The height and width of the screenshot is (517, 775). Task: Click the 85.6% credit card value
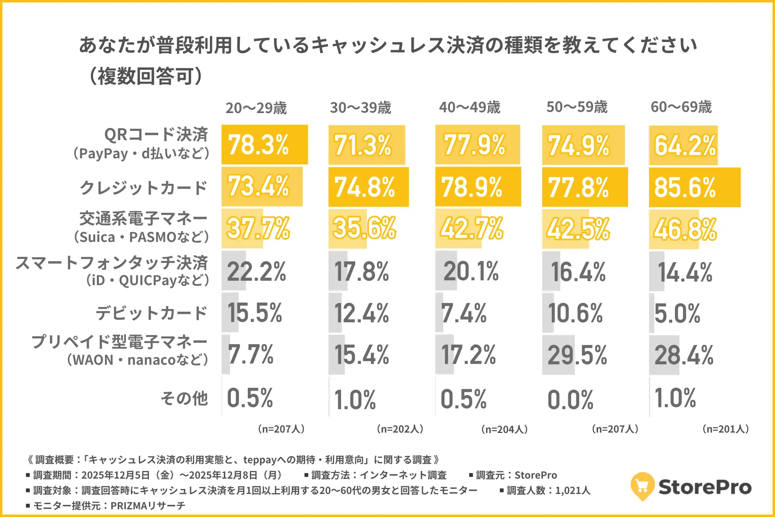(x=685, y=188)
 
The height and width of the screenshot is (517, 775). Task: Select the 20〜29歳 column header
(x=256, y=108)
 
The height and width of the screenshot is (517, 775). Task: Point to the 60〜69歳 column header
(x=681, y=107)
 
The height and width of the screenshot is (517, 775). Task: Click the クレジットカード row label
(x=143, y=188)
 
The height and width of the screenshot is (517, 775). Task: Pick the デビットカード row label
(x=151, y=313)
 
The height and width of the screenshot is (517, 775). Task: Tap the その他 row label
(x=184, y=398)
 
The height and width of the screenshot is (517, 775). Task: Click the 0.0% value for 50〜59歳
(x=570, y=400)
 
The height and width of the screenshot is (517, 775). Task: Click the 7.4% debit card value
(x=464, y=313)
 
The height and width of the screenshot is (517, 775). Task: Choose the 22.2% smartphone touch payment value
(x=256, y=271)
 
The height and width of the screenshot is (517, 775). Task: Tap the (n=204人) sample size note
(x=505, y=429)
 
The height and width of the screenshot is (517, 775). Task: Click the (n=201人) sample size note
(x=726, y=429)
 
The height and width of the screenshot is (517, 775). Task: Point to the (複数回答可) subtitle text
(x=145, y=76)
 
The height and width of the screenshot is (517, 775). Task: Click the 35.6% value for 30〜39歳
(x=364, y=228)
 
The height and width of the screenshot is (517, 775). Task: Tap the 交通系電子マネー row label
(x=143, y=219)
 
